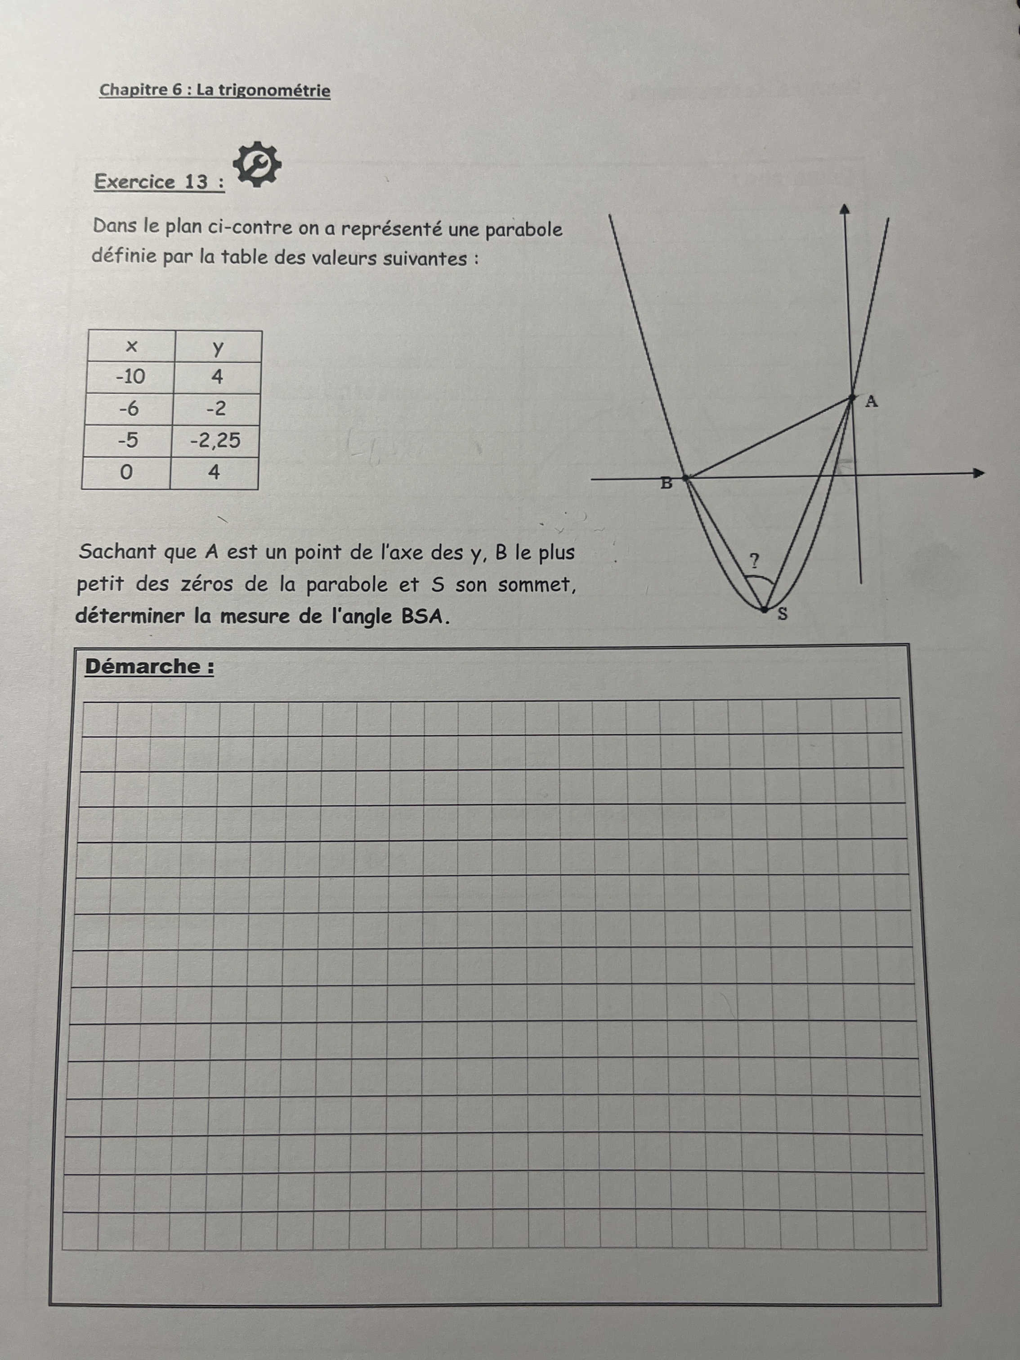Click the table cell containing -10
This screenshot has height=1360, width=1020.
[130, 376]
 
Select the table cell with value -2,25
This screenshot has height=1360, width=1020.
[215, 440]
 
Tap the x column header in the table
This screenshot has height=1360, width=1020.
[131, 347]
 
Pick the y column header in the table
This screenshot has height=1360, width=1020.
[218, 347]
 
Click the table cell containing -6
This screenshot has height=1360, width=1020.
[129, 408]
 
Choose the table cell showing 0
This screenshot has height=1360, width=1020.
[126, 472]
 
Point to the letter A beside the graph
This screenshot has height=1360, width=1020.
[871, 402]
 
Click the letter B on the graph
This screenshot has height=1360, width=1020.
[666, 484]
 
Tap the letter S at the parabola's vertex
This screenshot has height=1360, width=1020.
[782, 613]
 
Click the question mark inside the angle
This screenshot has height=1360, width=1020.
[754, 560]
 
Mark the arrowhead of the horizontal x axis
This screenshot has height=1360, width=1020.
[978, 473]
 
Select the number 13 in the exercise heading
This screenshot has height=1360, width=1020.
[196, 182]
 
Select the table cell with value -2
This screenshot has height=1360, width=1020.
[216, 408]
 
